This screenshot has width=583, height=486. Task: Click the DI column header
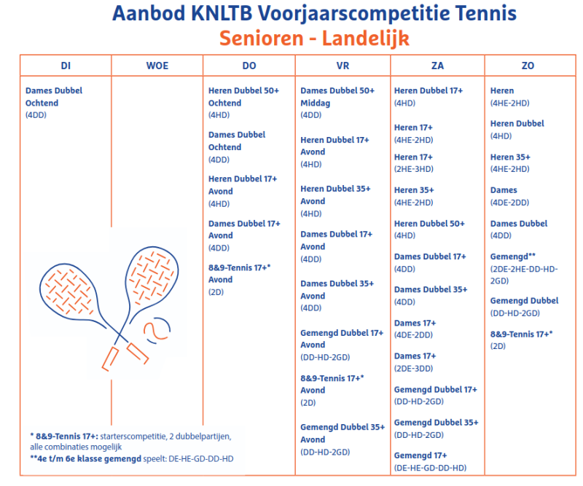coord(66,66)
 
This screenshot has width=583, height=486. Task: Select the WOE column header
coord(157,66)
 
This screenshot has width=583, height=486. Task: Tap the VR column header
coord(343,66)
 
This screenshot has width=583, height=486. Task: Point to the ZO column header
coord(528,66)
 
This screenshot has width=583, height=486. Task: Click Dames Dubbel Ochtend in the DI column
coord(54,97)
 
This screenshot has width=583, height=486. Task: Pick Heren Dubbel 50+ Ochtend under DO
coord(243,97)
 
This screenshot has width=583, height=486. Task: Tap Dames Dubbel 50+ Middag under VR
coord(337,97)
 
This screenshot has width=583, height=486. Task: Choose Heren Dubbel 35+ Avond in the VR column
coord(335,195)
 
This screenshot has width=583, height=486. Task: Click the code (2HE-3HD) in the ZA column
coord(414,169)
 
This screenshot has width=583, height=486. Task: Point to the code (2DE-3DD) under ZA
coord(415,368)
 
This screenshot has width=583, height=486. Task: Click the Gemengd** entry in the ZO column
coord(513,256)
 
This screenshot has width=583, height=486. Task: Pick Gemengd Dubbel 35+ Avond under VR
coord(342,434)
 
